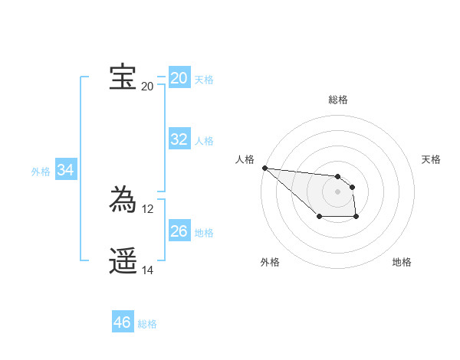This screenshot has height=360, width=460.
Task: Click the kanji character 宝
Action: (123, 77)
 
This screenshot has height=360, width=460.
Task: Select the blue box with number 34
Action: (65, 171)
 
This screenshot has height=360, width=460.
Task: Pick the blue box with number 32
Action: (179, 139)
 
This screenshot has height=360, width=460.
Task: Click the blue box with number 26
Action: (179, 231)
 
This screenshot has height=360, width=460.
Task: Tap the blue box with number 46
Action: (122, 322)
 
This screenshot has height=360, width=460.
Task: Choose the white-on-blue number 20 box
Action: (179, 78)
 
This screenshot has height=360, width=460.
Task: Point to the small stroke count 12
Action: (148, 208)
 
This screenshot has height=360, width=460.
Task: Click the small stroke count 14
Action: (148, 270)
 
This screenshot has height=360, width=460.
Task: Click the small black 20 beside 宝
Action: (147, 86)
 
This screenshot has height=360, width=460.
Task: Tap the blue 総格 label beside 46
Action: (147, 324)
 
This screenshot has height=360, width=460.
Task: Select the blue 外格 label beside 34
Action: (41, 172)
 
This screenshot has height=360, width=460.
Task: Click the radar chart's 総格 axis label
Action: (337, 100)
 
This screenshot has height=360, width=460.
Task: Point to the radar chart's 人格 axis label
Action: (245, 159)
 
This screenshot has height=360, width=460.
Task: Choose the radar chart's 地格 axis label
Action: (402, 262)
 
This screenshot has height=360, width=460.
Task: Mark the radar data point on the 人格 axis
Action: (264, 168)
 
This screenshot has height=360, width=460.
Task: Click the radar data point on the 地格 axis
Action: (356, 217)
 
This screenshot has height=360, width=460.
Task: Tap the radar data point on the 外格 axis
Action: (319, 217)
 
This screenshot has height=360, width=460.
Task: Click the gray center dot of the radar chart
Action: (337, 191)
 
